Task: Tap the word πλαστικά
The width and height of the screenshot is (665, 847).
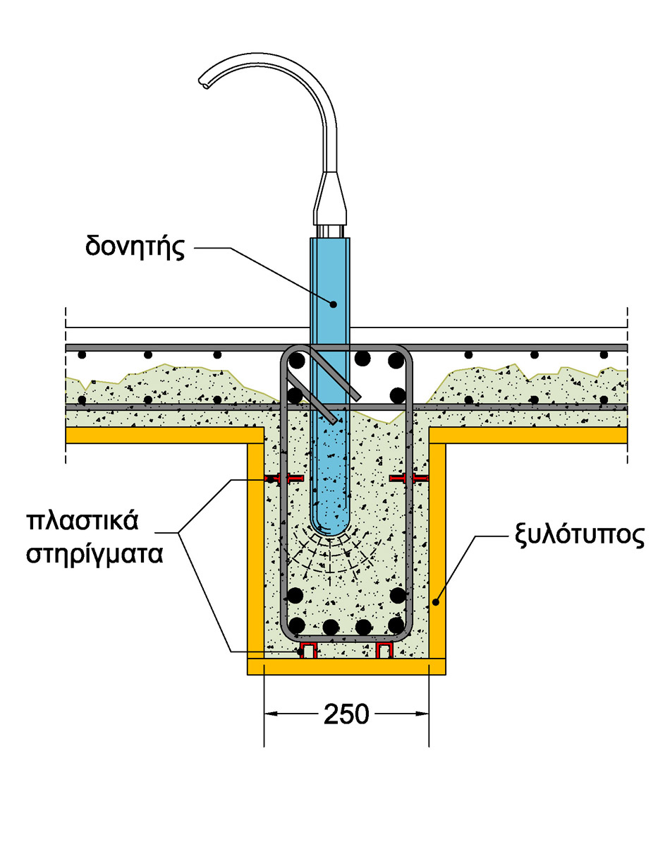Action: tap(83, 523)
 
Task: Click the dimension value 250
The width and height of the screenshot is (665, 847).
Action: tap(346, 714)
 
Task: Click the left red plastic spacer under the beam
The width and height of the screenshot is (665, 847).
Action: tap(307, 650)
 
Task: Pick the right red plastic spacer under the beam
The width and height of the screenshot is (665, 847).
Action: tap(384, 650)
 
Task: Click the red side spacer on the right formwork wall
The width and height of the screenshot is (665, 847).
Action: tap(409, 479)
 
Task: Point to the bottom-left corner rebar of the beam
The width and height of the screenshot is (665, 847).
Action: tap(297, 625)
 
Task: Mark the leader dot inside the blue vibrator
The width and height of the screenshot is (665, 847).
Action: tap(334, 304)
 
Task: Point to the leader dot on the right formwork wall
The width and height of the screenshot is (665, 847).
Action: tap(437, 602)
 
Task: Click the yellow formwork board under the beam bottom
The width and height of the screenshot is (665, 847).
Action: tap(346, 667)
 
